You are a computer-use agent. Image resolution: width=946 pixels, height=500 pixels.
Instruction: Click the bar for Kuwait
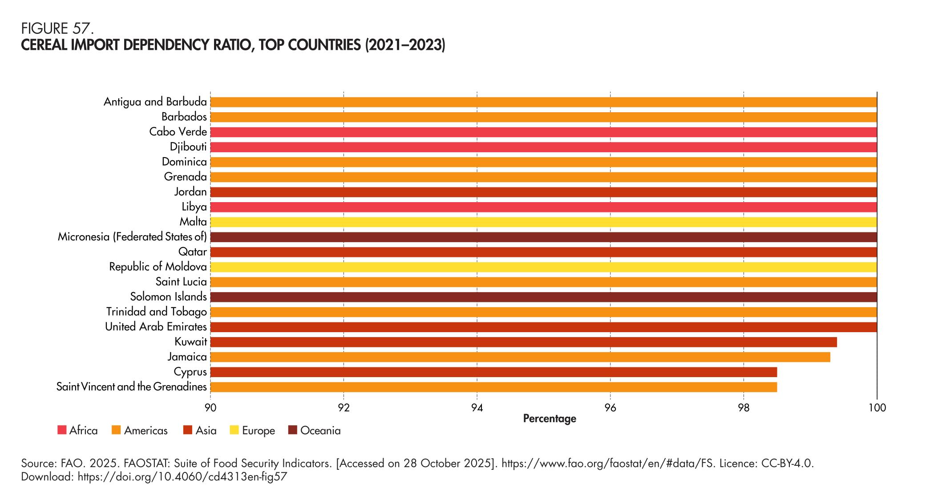pos(523,342)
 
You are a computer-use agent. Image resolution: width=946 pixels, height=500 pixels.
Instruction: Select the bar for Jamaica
pos(520,357)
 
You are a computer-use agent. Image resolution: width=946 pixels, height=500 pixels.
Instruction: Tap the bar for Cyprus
pos(493,372)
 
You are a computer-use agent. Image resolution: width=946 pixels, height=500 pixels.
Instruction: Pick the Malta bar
pos(543,222)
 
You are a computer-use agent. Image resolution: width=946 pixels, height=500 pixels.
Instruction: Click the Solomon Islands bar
pos(543,297)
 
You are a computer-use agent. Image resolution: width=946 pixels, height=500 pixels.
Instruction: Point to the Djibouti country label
pos(188,147)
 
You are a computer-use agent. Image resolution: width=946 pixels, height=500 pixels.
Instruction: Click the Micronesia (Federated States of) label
pos(132,237)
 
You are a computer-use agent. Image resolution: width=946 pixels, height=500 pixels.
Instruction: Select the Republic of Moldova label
pos(158,267)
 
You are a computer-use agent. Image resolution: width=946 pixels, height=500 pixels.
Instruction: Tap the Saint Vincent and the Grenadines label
pos(132,387)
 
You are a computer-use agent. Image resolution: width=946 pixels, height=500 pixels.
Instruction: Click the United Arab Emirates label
pos(156,327)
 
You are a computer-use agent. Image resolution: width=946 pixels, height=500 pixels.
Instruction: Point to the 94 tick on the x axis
pos(477,407)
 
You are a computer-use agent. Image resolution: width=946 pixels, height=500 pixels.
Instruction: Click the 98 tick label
pos(743,407)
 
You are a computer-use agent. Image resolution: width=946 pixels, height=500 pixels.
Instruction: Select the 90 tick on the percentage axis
pos(210,407)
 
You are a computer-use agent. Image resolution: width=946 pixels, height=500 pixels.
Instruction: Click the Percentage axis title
pos(549,419)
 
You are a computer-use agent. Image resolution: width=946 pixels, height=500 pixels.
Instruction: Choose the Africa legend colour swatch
pos(62,431)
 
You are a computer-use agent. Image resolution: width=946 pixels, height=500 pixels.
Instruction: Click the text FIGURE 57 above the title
pos(57,28)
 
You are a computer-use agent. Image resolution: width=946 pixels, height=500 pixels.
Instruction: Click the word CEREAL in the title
pos(44,45)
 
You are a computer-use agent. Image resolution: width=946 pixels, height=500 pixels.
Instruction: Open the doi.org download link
pos(182,477)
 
